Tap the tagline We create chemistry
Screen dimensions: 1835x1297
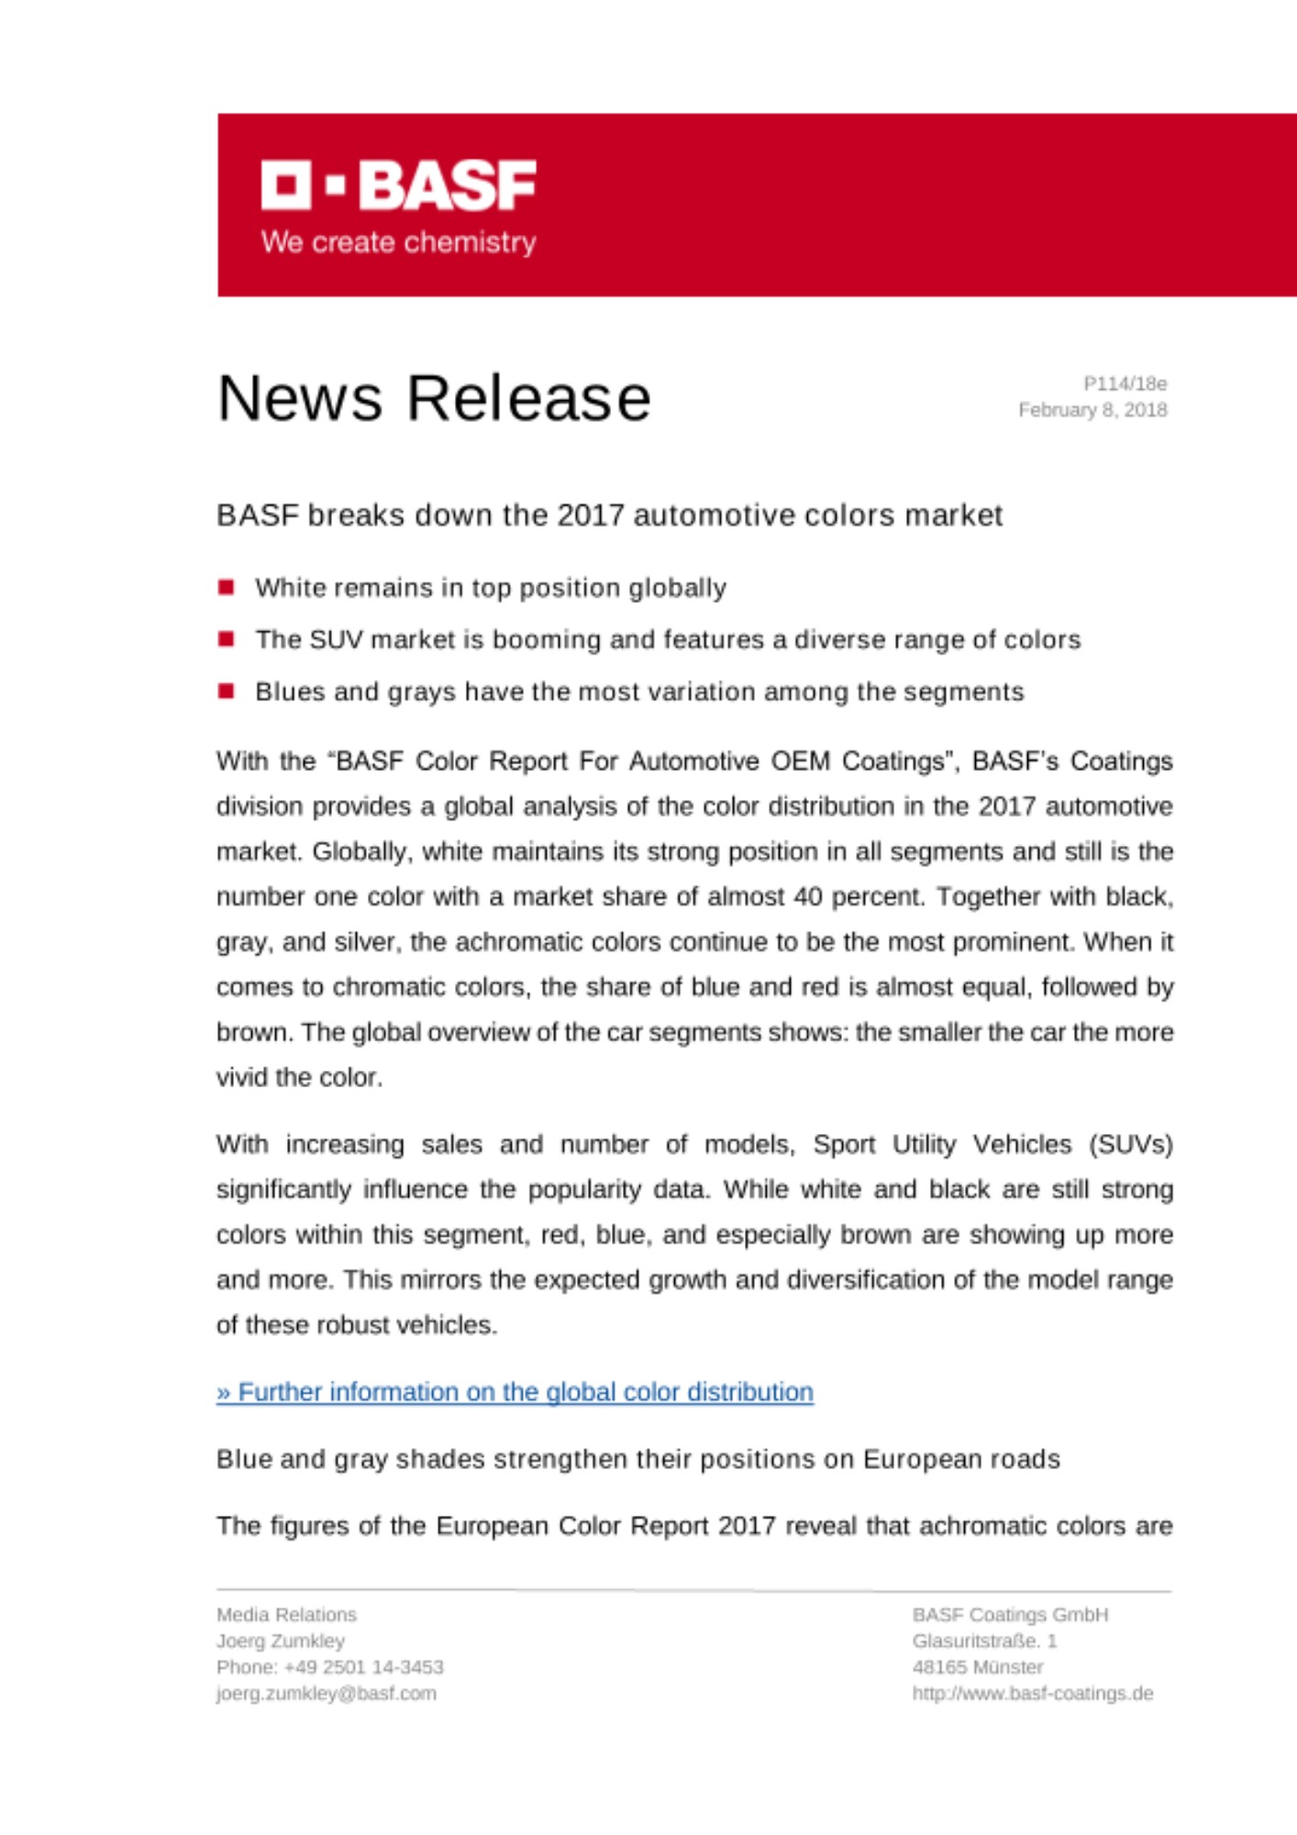(x=398, y=242)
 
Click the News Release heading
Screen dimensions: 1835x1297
(x=434, y=398)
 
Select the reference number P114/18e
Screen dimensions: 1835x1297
(x=1125, y=384)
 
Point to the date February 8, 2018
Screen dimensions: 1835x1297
(x=1092, y=410)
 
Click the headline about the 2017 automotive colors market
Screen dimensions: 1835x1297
(x=609, y=516)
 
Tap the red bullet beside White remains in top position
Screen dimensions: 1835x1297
(x=227, y=587)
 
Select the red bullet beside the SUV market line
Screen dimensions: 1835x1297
(x=227, y=639)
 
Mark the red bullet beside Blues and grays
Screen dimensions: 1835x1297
(x=227, y=691)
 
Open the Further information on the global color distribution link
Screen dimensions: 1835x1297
(x=515, y=1392)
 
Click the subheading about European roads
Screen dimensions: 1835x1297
(x=637, y=1459)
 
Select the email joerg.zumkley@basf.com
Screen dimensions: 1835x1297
(x=327, y=1694)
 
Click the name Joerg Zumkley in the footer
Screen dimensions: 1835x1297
(x=281, y=1640)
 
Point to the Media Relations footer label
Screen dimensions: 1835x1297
(x=286, y=1615)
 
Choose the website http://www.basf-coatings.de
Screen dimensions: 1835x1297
(x=1032, y=1694)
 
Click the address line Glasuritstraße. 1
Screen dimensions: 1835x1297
(x=984, y=1640)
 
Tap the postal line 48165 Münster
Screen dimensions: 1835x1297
(x=977, y=1667)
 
